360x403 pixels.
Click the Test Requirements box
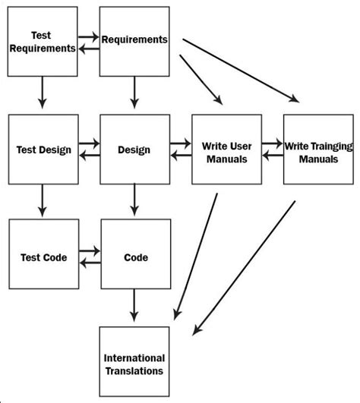[x=43, y=42]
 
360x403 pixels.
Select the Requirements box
[x=134, y=42]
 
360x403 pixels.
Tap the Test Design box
[x=43, y=150]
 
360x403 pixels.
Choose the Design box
[x=134, y=150]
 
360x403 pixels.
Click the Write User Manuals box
[x=226, y=150]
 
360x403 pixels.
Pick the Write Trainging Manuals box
[x=318, y=150]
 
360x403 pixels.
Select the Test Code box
[x=43, y=257]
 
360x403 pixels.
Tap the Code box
[x=134, y=257]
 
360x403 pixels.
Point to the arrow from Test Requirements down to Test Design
[x=43, y=93]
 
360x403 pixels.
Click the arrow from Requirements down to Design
[x=134, y=93]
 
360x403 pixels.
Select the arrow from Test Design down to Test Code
[x=43, y=202]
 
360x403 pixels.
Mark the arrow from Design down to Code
[x=134, y=202]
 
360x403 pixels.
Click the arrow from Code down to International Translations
[x=134, y=307]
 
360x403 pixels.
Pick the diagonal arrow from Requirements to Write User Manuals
[x=202, y=80]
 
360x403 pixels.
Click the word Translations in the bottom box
[x=134, y=371]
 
